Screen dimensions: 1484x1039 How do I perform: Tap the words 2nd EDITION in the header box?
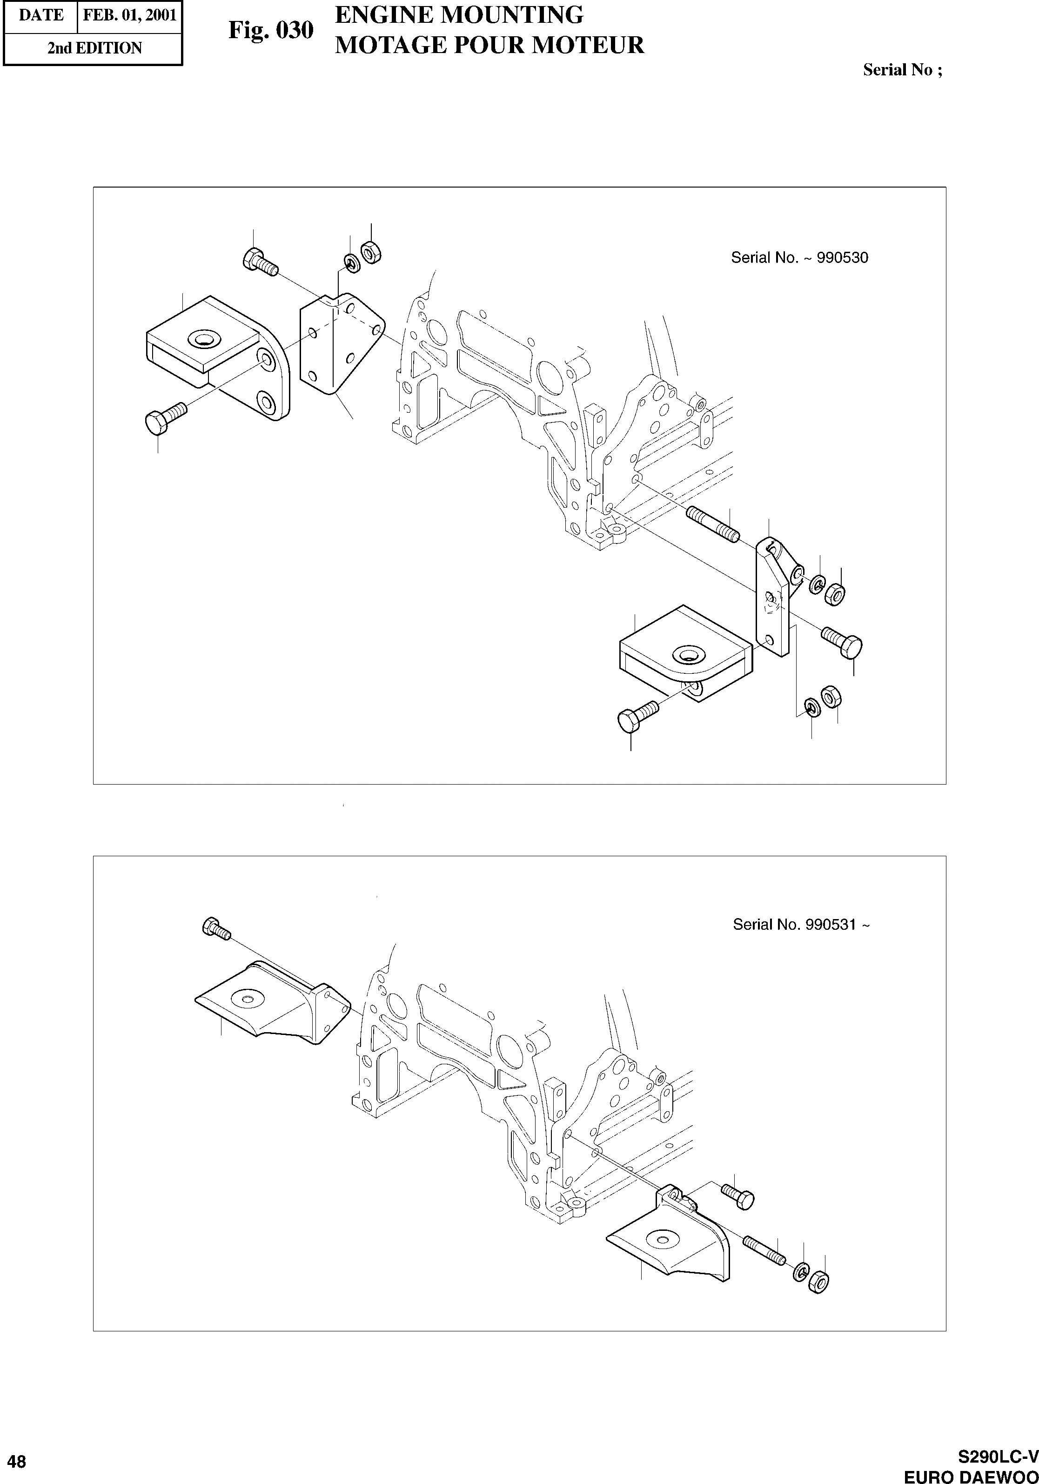(x=94, y=48)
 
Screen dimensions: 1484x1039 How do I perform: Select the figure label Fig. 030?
(x=271, y=30)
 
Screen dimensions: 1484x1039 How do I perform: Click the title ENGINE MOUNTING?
(x=459, y=14)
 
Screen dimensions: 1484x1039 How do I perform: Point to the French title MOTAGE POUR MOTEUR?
(x=489, y=45)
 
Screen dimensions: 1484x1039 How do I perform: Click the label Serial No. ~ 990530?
(x=799, y=258)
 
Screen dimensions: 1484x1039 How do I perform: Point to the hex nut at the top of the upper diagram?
(x=370, y=252)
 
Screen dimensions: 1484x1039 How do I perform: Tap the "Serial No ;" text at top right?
(x=902, y=70)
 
